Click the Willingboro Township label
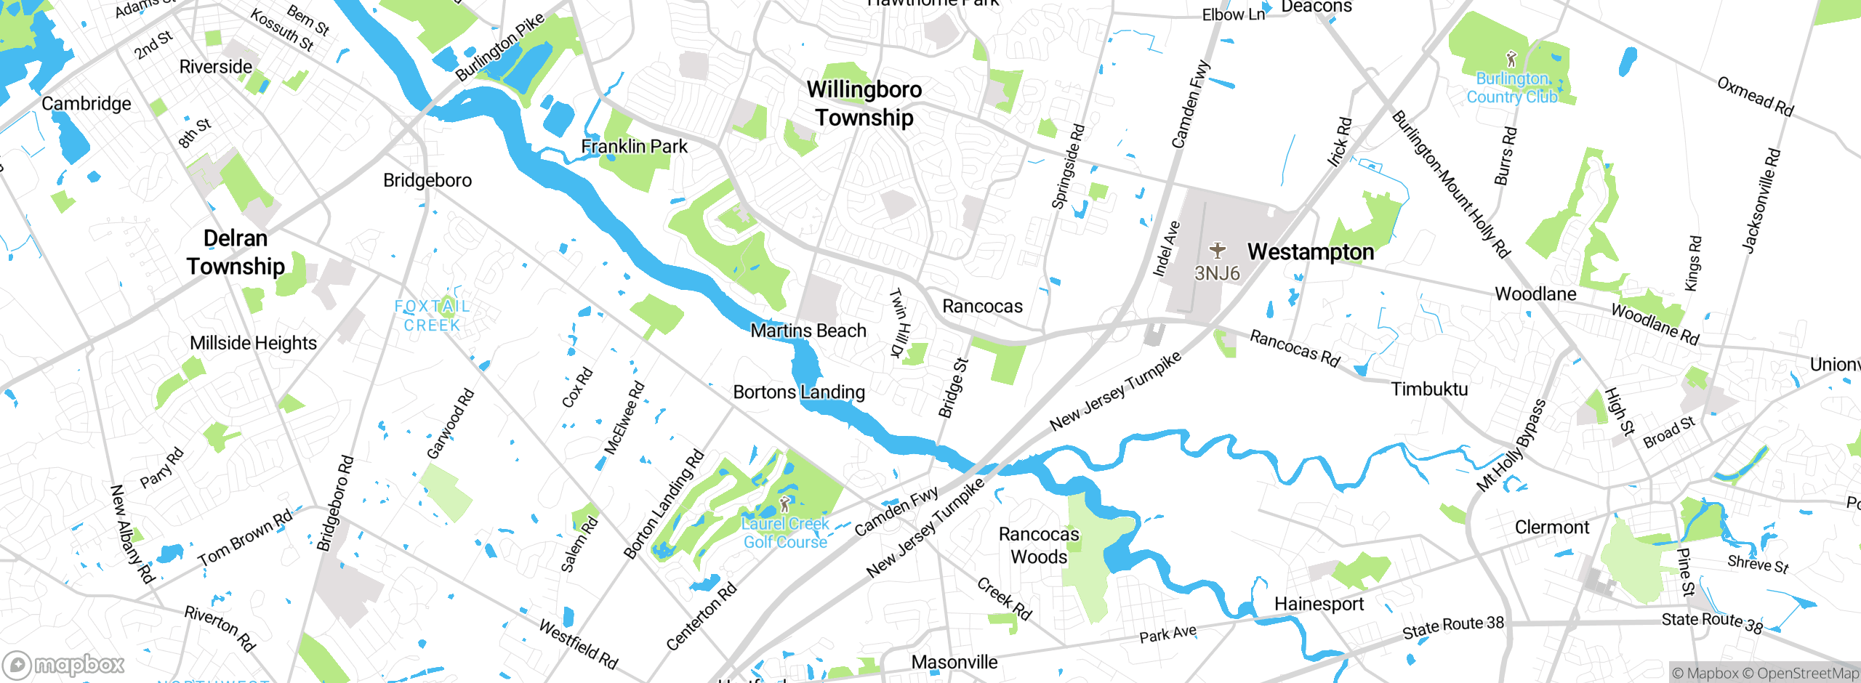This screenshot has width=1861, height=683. pos(864,103)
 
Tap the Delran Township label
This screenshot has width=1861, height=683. pos(236,252)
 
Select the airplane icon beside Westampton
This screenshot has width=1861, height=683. pos(1218,251)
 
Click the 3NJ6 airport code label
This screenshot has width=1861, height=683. pos(1217,273)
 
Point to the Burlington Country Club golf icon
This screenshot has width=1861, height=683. pos(1511,58)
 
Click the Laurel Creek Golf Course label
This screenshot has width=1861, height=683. pos(785,533)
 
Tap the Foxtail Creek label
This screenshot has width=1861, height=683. pos(433,316)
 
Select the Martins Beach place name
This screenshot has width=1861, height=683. pos(808,331)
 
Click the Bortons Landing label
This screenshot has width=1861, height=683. pos(799,392)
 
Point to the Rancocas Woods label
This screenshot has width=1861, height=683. pos(1039,546)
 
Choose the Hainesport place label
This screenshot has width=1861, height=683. pos(1319,604)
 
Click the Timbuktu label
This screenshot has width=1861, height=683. pos(1429,389)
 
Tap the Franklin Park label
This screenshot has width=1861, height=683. pos(634,147)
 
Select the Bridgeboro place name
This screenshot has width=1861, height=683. pos(427,180)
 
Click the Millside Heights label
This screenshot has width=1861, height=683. pos(253,343)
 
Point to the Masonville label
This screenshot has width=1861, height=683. pos(954,662)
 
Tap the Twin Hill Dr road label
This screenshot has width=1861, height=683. pos(899,323)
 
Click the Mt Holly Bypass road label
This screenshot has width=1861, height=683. pos(1512,445)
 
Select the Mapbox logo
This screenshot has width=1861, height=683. pos(64,664)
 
